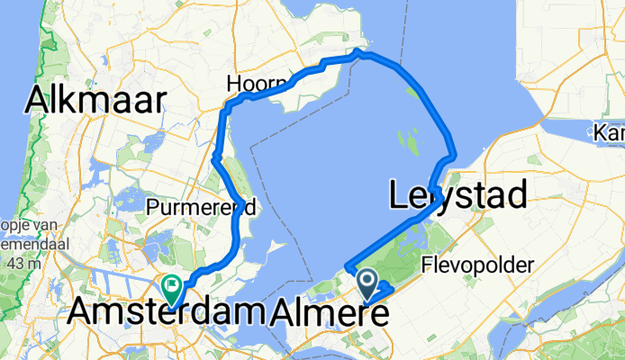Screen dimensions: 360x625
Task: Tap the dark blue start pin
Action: click(x=368, y=284)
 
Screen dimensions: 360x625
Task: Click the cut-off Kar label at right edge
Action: click(x=610, y=133)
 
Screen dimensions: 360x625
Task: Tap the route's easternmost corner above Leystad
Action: click(x=452, y=155)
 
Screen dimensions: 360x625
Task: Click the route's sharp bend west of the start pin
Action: click(x=347, y=266)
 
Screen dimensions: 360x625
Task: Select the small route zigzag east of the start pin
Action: click(x=385, y=288)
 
